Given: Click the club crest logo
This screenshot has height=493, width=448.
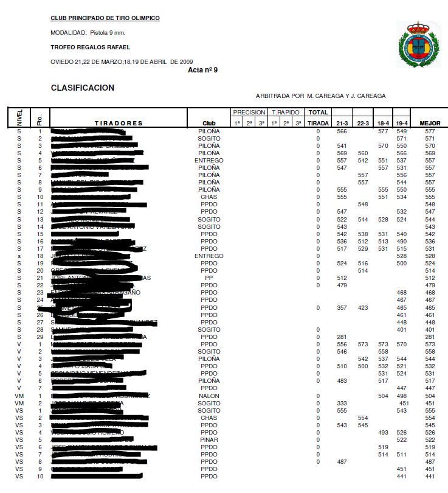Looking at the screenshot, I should point(418,44).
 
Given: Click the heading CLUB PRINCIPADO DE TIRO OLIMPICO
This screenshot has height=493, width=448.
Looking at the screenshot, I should point(105,18).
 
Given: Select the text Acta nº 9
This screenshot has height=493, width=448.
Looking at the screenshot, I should point(203,70).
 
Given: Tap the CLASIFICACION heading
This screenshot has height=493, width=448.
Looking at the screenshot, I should point(83,88).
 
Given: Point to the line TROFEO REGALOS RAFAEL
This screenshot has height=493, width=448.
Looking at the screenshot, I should point(90,47).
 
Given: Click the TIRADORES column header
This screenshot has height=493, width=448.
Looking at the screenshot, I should point(119,124).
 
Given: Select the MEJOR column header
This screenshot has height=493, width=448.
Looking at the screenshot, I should point(430,124).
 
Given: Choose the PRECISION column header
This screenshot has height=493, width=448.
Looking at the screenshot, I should point(249,113).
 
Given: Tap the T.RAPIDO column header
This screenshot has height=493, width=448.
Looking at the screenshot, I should point(286,113).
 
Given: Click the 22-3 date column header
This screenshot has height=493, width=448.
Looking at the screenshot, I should point(363,124).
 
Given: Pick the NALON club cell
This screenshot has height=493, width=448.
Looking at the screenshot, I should point(208,395).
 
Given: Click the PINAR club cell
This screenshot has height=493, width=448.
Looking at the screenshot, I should point(208,439).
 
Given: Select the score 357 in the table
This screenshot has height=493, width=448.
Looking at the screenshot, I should point(342,308).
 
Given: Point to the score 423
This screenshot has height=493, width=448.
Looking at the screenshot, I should point(363,308).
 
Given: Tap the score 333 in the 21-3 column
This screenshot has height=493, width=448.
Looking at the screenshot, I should point(342,402).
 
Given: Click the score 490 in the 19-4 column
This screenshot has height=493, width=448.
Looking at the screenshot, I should point(401,242).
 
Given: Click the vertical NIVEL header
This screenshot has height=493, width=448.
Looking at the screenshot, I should point(19,117).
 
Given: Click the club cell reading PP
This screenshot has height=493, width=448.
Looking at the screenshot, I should point(208,278).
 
